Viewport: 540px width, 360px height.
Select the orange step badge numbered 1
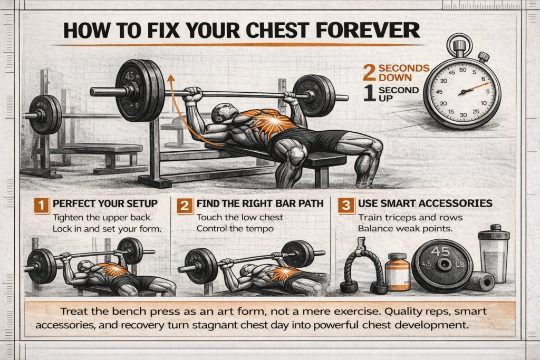click(42, 206)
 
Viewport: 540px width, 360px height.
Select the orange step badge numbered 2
click(185, 206)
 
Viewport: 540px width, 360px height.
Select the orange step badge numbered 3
click(346, 206)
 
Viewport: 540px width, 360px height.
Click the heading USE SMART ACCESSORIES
click(425, 203)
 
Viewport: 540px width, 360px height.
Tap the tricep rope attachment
click(363, 266)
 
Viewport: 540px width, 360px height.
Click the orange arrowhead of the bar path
click(170, 79)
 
